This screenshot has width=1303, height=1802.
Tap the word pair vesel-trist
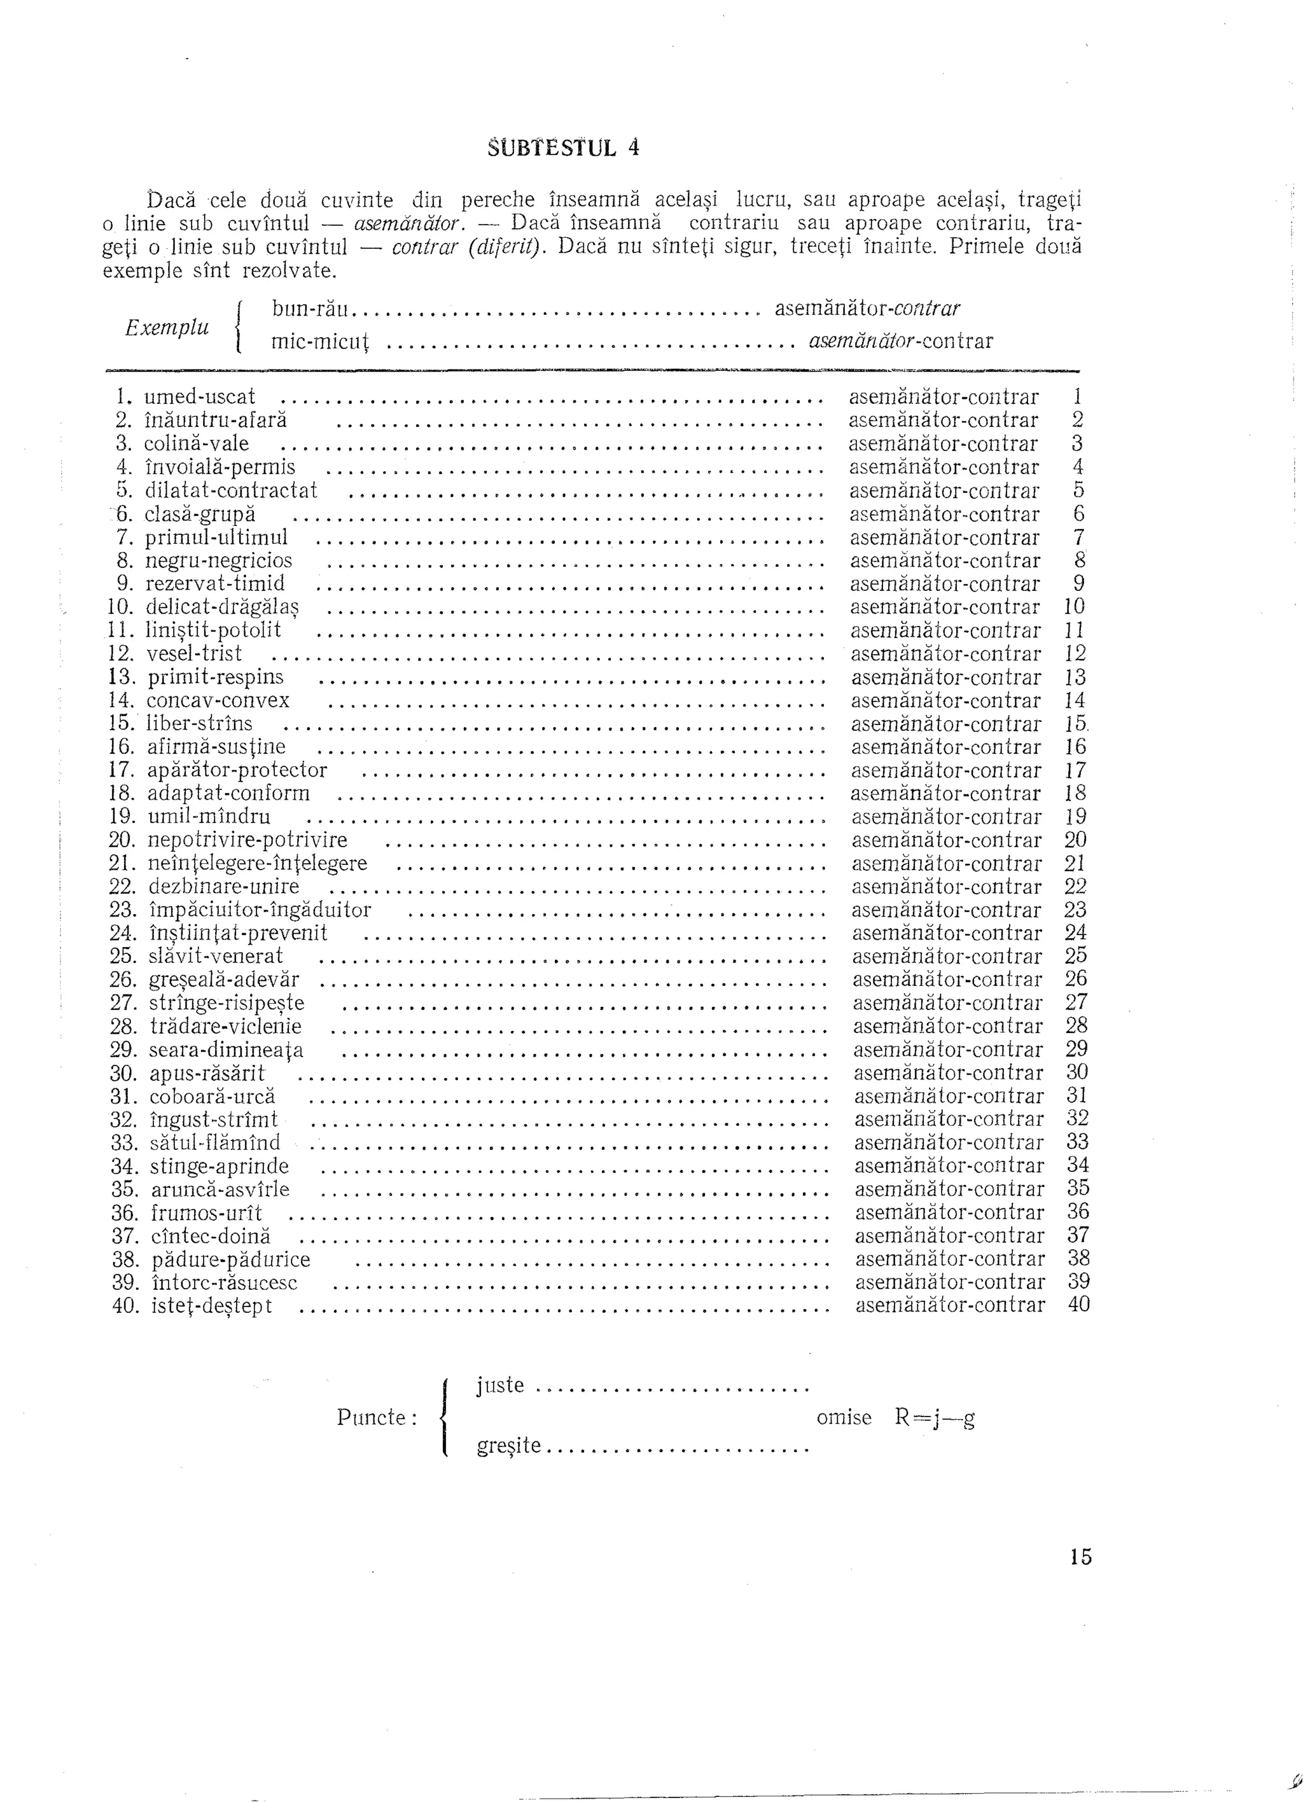195,654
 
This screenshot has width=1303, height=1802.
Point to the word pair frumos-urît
207,1213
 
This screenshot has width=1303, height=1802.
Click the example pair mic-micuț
321,342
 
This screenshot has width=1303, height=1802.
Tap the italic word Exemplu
167,326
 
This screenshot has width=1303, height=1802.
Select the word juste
501,1385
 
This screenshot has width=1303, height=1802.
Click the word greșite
509,1445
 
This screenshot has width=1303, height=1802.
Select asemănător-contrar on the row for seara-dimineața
948,1050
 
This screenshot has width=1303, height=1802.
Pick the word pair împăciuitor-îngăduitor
261,910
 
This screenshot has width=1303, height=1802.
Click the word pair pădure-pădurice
230,1260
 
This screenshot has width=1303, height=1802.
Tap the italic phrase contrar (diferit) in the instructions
466,247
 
